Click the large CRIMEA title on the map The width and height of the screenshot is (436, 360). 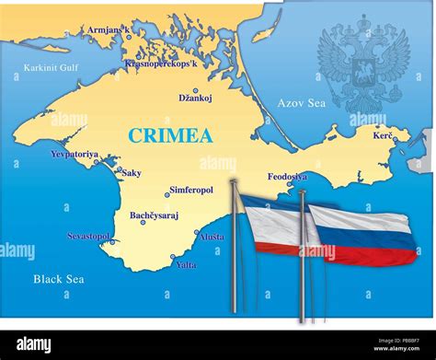coord(170,136)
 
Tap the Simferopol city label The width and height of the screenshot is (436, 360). coord(192,191)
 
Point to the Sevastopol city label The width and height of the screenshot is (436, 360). coord(88,237)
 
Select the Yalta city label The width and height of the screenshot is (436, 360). coord(186,265)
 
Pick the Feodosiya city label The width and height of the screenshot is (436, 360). coord(287,176)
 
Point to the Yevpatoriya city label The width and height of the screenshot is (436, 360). coord(75,154)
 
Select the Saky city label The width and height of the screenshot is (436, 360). coord(132,172)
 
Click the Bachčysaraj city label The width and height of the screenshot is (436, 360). coord(153,215)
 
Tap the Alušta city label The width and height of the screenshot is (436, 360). coord(212,237)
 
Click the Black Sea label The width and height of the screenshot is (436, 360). coord(59,278)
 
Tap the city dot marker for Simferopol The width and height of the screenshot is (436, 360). coord(167,193)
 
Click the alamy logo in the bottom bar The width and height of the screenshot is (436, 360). coord(47,344)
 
